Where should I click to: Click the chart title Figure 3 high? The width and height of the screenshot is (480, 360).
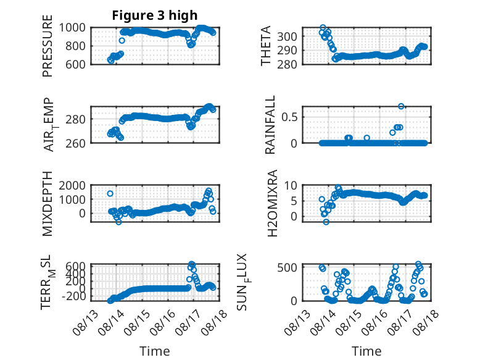point(155,15)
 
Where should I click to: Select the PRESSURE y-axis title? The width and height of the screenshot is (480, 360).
point(48,46)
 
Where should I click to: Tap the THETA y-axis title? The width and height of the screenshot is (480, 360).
point(266,46)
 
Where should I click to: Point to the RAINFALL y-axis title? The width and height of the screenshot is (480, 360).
point(270,125)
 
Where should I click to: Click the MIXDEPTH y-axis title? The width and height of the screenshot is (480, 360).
point(48,204)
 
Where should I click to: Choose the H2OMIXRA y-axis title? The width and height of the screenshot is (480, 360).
point(272,203)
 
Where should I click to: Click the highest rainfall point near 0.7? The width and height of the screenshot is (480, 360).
point(401,106)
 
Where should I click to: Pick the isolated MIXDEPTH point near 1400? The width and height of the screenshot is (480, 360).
point(110,193)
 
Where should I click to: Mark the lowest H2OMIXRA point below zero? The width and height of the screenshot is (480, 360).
point(326,222)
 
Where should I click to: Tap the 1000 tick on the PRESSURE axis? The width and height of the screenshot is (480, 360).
point(72,28)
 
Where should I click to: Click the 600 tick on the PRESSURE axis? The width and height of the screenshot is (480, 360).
point(76,64)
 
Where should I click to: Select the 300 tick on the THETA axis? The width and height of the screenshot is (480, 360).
point(287,36)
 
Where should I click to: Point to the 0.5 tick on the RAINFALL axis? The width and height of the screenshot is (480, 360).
point(289,117)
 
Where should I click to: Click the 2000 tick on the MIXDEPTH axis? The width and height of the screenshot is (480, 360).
point(72,185)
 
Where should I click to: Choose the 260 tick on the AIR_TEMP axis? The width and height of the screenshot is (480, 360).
point(76,143)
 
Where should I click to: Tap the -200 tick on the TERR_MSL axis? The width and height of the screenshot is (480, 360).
point(74,296)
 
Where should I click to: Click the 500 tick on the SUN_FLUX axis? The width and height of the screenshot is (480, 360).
point(287,267)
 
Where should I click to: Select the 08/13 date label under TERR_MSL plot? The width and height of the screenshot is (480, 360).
point(85,322)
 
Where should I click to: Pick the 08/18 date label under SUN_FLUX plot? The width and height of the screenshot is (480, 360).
point(426,322)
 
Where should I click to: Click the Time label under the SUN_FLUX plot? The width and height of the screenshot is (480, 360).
point(366,351)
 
